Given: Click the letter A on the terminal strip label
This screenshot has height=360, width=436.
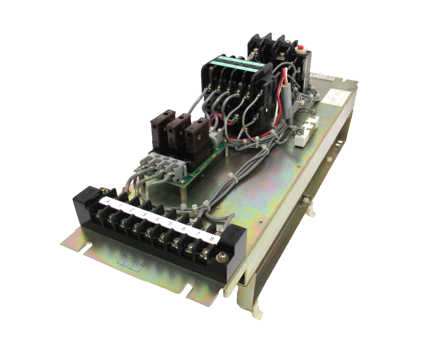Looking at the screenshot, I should [x=108, y=201].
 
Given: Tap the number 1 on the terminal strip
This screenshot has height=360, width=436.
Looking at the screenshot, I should [x=120, y=206].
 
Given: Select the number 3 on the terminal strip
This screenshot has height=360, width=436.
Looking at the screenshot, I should [x=145, y=215].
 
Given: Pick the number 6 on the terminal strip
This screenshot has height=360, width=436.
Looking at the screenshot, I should [x=184, y=229].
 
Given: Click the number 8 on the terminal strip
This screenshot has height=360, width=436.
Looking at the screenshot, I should [x=212, y=239].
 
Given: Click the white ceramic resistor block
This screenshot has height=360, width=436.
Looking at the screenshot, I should [x=307, y=131].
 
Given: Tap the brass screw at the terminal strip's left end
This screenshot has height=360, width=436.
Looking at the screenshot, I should [x=103, y=190].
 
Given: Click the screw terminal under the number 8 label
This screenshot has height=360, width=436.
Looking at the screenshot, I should [x=204, y=254].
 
